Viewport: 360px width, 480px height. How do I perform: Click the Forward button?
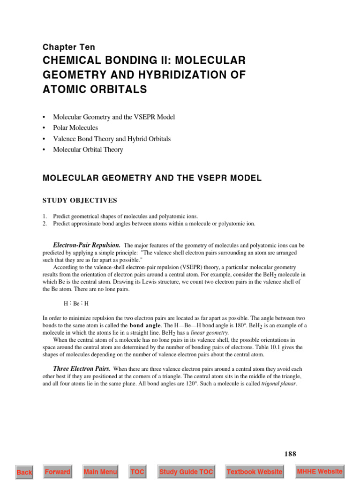tap(58, 472)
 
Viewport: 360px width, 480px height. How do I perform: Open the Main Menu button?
tap(100, 472)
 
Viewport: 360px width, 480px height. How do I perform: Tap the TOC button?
tap(138, 472)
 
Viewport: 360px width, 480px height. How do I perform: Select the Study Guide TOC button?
tap(186, 472)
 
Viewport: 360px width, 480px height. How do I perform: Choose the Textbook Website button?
tap(255, 472)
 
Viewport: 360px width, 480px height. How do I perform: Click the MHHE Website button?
tap(320, 471)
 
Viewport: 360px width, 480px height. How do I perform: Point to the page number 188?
tap(290, 454)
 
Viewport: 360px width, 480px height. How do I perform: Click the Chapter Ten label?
tap(68, 47)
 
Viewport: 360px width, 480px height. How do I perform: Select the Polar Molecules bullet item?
tap(75, 127)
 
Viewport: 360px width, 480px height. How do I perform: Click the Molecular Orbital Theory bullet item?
tap(88, 150)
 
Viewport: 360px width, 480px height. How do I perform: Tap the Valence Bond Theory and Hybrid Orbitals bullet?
tap(112, 139)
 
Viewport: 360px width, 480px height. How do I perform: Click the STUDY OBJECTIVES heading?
tap(80, 200)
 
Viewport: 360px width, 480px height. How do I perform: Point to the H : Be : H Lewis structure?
tap(76, 303)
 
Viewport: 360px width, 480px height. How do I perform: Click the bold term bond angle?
tap(145, 325)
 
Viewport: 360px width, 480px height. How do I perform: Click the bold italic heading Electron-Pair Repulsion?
tap(87, 245)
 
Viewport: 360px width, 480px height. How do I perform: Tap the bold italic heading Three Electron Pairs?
tap(82, 369)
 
